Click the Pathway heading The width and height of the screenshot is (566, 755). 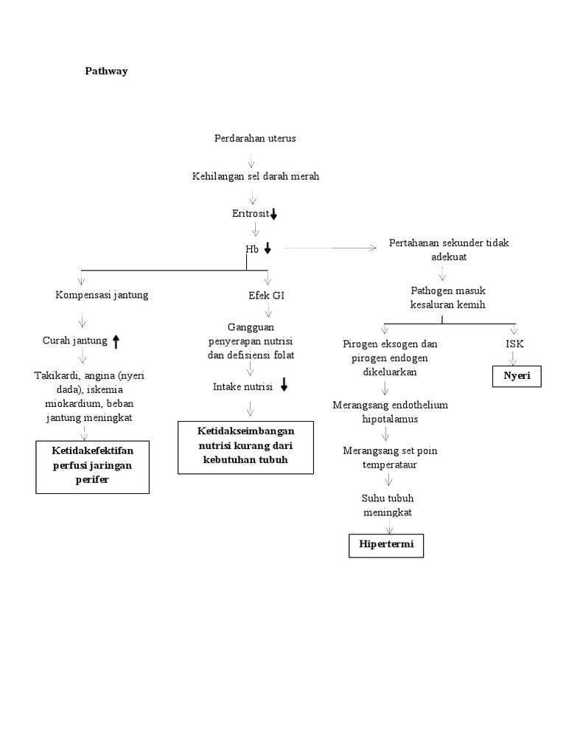coord(105,72)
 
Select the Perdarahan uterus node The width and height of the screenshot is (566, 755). coord(255,139)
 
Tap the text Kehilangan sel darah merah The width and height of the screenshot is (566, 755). coord(255,177)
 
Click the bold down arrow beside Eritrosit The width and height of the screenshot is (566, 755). coord(273,215)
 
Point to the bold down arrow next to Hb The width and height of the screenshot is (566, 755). coord(268,249)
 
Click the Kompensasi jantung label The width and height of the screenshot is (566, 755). coord(102,295)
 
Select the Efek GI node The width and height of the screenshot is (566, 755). coord(266,295)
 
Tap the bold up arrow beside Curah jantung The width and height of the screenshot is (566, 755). coord(116,341)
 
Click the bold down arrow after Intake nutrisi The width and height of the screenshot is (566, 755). coord(284,386)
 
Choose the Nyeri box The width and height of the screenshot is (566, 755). coord(517,376)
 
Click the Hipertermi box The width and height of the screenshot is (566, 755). coord(386,546)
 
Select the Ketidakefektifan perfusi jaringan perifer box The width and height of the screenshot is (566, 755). coord(92,466)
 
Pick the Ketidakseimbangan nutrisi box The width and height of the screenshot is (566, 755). coord(245,447)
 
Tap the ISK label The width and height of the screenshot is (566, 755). coord(515,344)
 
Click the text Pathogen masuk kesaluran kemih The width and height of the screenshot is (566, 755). coord(447,298)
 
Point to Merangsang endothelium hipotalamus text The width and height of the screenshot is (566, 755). coord(390,412)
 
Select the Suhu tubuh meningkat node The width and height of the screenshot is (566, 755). coord(388,505)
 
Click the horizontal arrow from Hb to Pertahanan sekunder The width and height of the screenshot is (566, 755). coord(328,249)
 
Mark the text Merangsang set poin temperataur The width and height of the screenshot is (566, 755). coord(390,458)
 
